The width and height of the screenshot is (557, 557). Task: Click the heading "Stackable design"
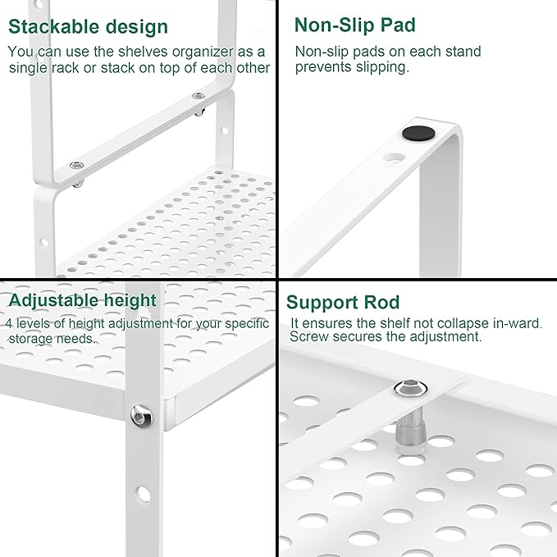pyautogui.click(x=88, y=26)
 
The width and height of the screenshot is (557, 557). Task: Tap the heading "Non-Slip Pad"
pyautogui.click(x=354, y=25)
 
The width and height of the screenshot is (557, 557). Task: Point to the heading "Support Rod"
pyautogui.click(x=343, y=303)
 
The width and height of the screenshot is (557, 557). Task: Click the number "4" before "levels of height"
pyautogui.click(x=8, y=323)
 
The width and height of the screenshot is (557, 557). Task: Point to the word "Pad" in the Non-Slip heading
pyautogui.click(x=397, y=25)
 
